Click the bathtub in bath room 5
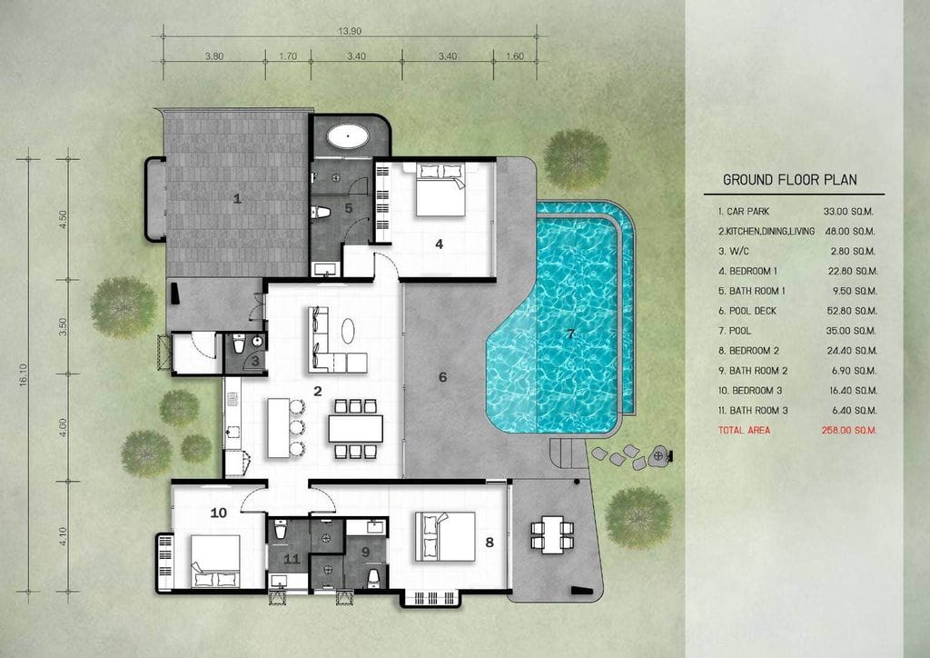(348, 136)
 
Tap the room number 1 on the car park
(237, 198)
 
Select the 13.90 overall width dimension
(350, 31)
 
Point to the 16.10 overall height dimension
(24, 375)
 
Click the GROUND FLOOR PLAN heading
(789, 180)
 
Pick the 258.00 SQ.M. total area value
(849, 430)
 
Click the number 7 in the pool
(570, 334)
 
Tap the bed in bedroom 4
(440, 190)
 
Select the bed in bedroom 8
(445, 536)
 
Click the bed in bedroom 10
(215, 562)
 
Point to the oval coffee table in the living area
(348, 331)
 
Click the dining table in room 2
(355, 428)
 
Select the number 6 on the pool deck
(442, 377)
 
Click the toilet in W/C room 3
(239, 344)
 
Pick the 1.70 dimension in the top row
(288, 56)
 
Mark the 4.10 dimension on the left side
(63, 536)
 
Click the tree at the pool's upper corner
(577, 160)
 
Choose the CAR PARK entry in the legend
(744, 211)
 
